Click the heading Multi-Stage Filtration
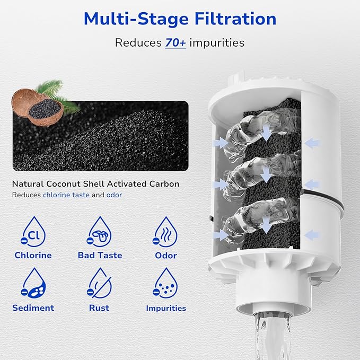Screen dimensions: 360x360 point(180,19)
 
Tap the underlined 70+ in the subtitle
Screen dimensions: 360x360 point(175,42)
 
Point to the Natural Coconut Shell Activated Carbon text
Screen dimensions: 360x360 point(95,184)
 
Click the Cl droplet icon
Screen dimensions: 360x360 point(33,231)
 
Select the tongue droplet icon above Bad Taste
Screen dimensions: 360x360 point(99,231)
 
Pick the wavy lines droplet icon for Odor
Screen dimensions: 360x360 point(165,231)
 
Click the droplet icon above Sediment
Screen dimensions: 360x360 point(33,283)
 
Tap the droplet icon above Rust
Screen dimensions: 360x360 point(99,283)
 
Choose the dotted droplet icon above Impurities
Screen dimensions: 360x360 point(165,283)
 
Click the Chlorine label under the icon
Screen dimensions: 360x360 point(33,255)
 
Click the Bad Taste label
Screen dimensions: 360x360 point(100,255)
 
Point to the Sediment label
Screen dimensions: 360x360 point(33,308)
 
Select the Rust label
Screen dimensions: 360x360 point(99,308)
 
